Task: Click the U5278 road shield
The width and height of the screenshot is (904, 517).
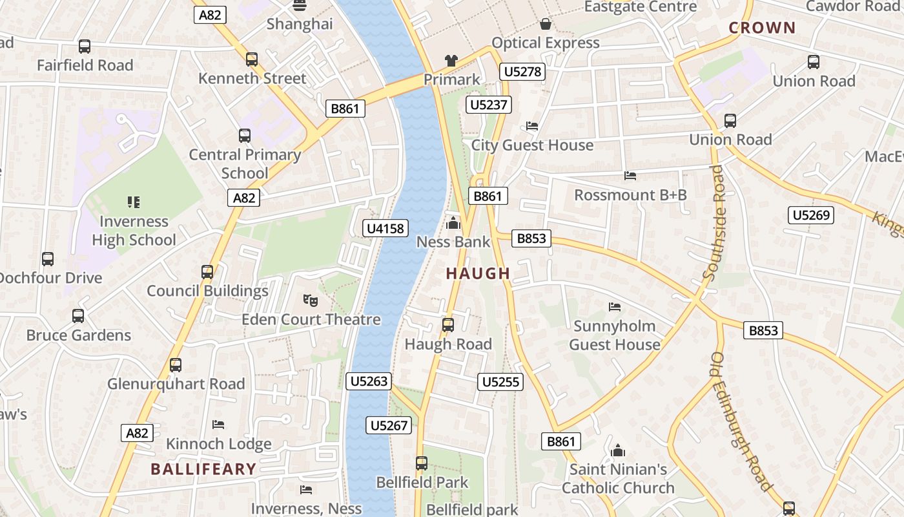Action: [522, 72]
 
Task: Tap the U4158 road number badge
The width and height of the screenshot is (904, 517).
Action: [385, 228]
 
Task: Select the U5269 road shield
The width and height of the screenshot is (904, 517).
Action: [810, 215]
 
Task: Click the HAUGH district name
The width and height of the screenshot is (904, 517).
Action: [478, 273]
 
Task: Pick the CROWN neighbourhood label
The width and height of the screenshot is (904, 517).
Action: [762, 28]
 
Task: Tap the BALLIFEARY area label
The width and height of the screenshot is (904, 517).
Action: [203, 469]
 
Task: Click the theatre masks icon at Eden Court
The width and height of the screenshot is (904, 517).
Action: [311, 301]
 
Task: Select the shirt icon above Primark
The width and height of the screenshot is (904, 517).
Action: [451, 61]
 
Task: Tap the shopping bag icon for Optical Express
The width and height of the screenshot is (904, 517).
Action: [546, 25]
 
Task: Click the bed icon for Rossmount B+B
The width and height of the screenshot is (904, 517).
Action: [630, 176]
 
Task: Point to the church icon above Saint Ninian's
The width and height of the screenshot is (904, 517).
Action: [618, 450]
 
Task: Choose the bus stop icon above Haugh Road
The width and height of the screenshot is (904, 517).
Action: [448, 325]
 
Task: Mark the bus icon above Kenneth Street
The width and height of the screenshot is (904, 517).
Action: [252, 59]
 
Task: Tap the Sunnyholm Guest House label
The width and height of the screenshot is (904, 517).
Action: [614, 335]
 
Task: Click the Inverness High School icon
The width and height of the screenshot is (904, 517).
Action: [134, 202]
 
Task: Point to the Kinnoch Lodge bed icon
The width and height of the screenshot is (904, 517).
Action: [218, 425]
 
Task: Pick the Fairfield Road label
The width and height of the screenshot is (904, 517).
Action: [85, 65]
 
